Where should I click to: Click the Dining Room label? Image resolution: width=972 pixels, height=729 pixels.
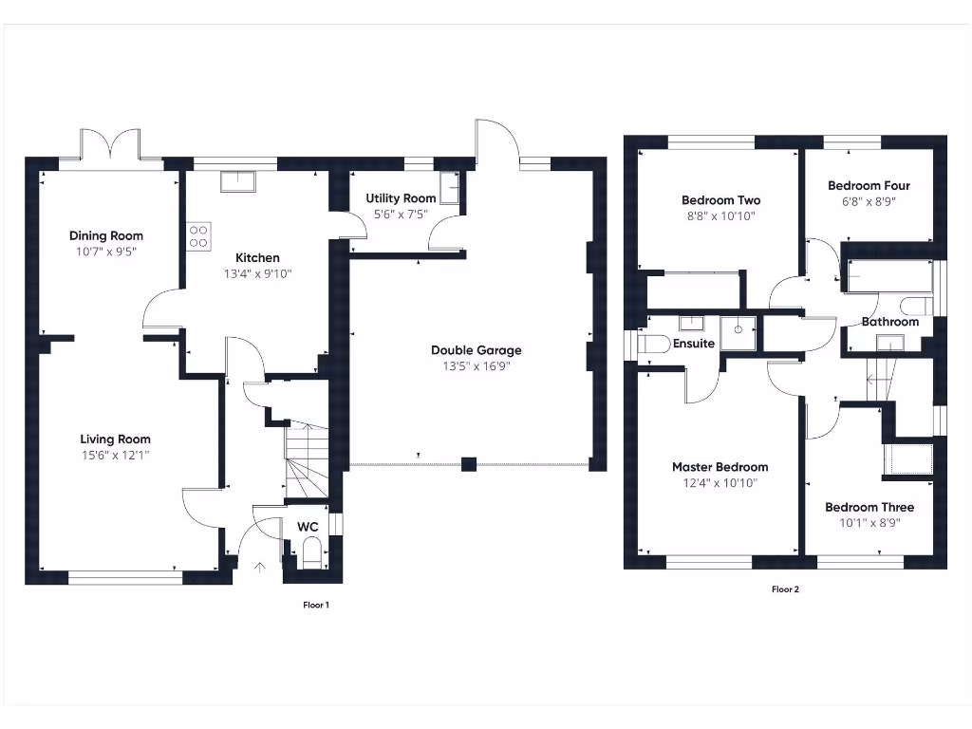tap(106, 236)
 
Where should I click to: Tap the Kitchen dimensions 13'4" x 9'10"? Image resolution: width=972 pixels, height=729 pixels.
tap(257, 274)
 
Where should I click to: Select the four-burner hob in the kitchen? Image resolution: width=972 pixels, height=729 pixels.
tap(198, 235)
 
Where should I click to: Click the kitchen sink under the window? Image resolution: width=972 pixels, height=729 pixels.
tap(237, 181)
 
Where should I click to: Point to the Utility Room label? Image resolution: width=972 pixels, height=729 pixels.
tap(401, 198)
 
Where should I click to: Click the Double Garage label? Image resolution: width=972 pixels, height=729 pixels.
tap(476, 350)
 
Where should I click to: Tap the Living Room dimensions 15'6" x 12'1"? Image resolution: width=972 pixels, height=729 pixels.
tap(115, 456)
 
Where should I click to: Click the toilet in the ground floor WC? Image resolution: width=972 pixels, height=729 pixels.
tap(311, 552)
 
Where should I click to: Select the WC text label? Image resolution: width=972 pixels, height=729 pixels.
tap(308, 526)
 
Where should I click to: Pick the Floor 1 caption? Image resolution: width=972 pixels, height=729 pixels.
tap(315, 605)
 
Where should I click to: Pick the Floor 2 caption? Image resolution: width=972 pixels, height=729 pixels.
tap(785, 589)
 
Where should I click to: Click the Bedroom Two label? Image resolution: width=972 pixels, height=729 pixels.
tap(720, 200)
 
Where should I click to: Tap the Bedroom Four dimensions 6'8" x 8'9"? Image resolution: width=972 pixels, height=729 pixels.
tap(869, 202)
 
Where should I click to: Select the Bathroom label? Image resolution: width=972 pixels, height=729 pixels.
tap(889, 322)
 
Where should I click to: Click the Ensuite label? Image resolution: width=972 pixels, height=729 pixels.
tap(694, 344)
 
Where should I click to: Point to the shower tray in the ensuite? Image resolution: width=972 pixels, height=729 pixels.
tap(738, 332)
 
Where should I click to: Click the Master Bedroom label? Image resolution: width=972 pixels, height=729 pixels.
tap(720, 467)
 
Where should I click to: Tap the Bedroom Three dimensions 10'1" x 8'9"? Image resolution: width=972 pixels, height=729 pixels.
tap(869, 523)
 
